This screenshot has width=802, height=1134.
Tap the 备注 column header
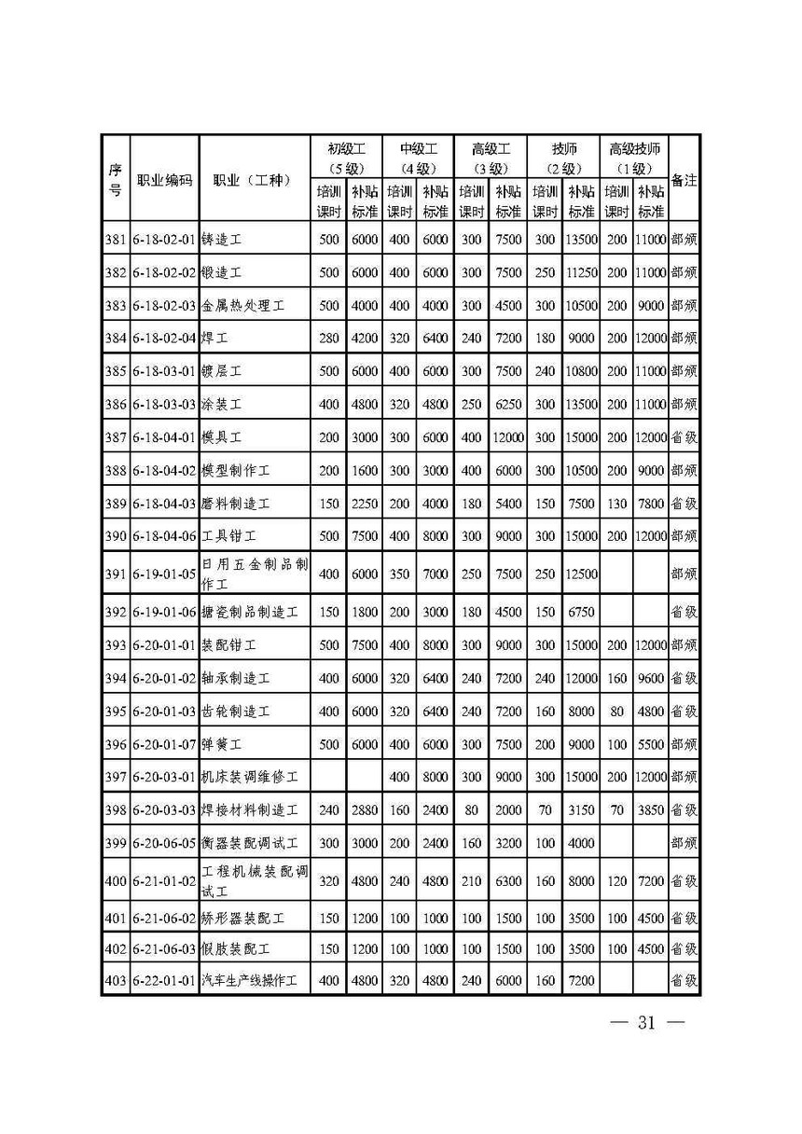pyautogui.click(x=684, y=180)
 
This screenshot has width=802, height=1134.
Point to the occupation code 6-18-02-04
pyautogui.click(x=164, y=339)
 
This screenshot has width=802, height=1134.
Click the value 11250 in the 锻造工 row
pyautogui.click(x=580, y=272)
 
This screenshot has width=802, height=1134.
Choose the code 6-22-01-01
pyautogui.click(x=164, y=980)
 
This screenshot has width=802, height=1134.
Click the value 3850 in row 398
pyautogui.click(x=650, y=810)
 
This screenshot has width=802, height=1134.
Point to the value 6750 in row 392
pyautogui.click(x=580, y=613)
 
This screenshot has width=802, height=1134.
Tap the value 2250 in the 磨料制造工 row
pyautogui.click(x=364, y=504)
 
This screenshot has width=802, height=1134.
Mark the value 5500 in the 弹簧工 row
pyautogui.click(x=650, y=745)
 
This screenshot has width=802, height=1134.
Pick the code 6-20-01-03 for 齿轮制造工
pyautogui.click(x=164, y=712)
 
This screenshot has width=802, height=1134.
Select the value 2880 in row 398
pyautogui.click(x=364, y=810)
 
